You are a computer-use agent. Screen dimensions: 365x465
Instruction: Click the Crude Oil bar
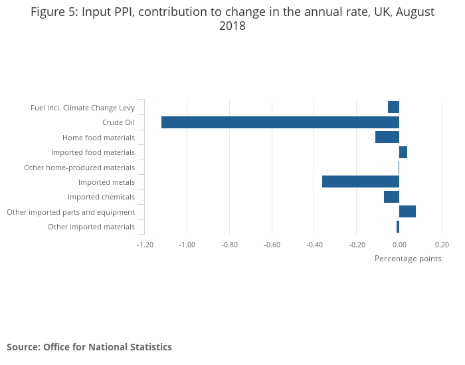click(x=280, y=122)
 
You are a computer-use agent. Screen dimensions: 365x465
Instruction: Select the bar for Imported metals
click(x=361, y=182)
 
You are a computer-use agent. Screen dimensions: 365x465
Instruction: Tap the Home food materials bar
click(x=387, y=138)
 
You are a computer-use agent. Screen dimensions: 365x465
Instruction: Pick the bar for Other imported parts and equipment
click(x=407, y=211)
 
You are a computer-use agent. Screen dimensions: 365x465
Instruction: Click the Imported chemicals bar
click(x=391, y=197)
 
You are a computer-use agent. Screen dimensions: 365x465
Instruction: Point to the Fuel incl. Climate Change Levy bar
click(x=393, y=107)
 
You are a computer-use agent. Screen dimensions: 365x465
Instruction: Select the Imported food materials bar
click(x=403, y=152)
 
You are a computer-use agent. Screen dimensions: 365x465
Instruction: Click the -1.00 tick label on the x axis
click(x=187, y=245)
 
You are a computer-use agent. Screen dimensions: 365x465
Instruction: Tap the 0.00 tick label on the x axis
click(x=399, y=245)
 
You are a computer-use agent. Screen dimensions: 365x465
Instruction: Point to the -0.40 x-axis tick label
click(x=314, y=245)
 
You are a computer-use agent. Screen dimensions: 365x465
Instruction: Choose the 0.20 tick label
click(x=442, y=245)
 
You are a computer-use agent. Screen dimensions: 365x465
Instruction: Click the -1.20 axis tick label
click(x=145, y=245)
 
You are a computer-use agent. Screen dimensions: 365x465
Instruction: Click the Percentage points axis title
click(x=408, y=259)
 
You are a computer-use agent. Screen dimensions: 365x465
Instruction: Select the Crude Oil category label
click(x=118, y=122)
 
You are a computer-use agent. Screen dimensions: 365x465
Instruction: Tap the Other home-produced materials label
click(x=79, y=168)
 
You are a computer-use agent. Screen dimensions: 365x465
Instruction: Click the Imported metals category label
click(x=106, y=182)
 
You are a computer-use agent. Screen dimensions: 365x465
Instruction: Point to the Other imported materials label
click(x=91, y=227)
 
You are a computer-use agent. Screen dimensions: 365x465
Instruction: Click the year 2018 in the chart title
click(x=232, y=27)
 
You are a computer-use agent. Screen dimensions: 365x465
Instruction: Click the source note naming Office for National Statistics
click(x=89, y=347)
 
